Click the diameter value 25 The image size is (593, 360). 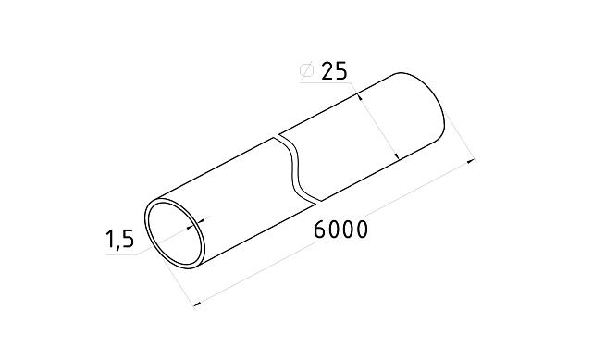[x=333, y=72]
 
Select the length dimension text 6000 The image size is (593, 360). [x=340, y=230]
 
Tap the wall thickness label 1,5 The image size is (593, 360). [x=119, y=241]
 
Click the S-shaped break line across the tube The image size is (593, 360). [x=299, y=168]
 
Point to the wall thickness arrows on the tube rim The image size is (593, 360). [x=197, y=220]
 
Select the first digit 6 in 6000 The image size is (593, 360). [x=320, y=230]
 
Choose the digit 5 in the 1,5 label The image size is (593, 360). [x=128, y=241]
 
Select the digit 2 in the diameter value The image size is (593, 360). [x=327, y=72]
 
